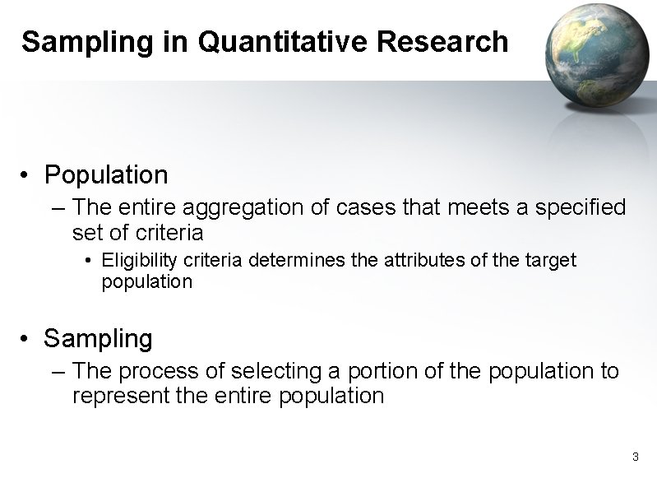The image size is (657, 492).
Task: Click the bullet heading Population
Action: tap(106, 174)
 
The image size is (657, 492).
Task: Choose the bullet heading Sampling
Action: tap(98, 338)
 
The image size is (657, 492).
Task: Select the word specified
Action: tap(581, 207)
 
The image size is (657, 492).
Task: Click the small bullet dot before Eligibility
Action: tap(89, 262)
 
